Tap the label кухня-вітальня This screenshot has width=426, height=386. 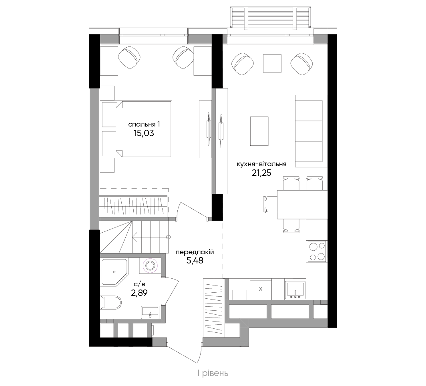pos(261,164)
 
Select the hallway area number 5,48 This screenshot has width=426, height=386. pos(195,261)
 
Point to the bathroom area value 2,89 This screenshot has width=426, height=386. pos(139,293)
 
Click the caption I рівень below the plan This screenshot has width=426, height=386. pos(213,374)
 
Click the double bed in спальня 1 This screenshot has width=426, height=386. pos(136,129)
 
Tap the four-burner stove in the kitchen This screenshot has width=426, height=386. pos(317,251)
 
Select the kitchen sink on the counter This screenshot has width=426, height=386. pos(295,290)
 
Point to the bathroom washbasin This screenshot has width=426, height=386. pos(150,312)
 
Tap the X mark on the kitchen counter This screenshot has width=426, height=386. pos(261,289)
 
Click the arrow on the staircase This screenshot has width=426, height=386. pos(151,237)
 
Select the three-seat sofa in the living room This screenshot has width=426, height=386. pos(311,131)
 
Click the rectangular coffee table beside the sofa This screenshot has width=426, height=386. pos(259,131)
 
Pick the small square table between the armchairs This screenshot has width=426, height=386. pos(272,64)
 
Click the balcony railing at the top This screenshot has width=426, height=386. pos(270,17)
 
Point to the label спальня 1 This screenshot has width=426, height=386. pos(144,125)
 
